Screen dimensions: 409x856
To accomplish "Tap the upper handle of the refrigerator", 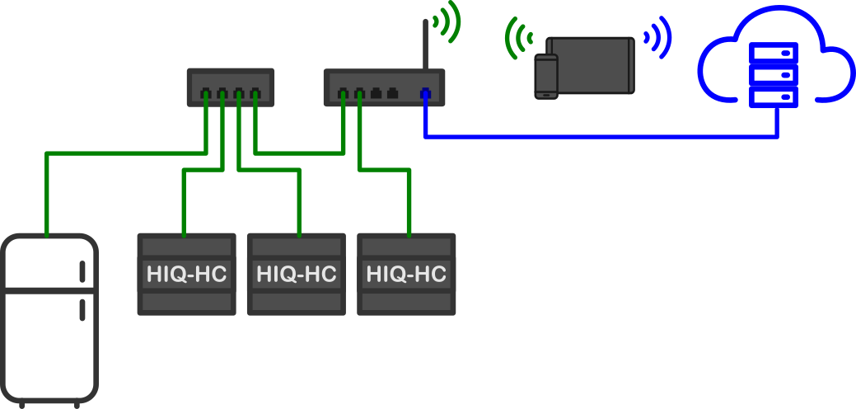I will tap(82, 272).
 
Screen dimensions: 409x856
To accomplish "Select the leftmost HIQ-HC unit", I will tap(186, 274).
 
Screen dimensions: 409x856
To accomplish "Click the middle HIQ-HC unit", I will tap(296, 274).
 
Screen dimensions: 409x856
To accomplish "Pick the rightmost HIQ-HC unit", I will tap(406, 274).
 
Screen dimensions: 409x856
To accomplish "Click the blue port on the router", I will tap(425, 93).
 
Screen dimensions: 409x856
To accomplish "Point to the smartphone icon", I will tap(546, 76).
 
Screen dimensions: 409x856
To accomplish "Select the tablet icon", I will tap(592, 64).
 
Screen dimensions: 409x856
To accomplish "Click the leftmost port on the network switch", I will tap(206, 93).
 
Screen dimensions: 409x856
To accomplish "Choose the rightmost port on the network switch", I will tap(255, 93).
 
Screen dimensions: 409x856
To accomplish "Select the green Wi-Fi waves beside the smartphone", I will tap(517, 41).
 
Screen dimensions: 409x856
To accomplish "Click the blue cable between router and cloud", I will tap(601, 136).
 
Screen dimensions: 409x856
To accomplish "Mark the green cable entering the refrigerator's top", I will tap(47, 198).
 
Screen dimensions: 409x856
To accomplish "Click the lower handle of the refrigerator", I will tap(82, 310).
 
